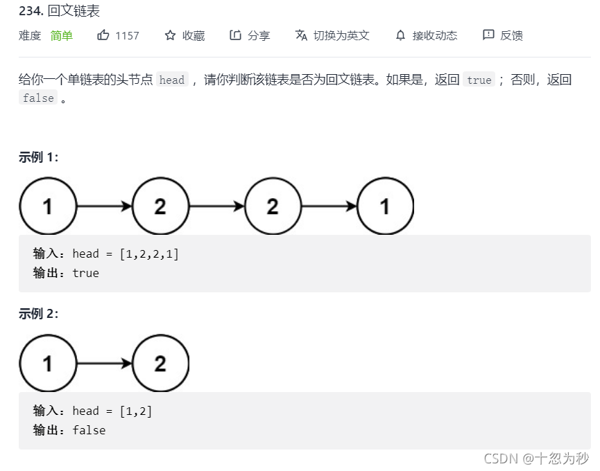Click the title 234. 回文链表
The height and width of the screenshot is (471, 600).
59,11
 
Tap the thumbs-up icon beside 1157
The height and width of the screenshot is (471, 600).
103,35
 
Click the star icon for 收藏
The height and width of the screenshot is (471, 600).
171,35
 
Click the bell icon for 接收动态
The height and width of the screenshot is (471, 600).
400,35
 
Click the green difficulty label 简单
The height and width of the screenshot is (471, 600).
62,35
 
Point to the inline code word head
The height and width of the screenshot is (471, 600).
172,80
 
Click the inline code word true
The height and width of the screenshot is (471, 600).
479,80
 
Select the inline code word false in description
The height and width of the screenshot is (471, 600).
38,98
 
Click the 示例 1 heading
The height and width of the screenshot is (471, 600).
39,157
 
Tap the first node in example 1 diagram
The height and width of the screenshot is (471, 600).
48,206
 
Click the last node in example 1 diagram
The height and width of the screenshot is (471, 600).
385,206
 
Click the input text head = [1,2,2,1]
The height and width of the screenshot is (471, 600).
125,254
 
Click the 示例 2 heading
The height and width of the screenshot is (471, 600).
39,314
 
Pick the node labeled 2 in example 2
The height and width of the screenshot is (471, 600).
160,363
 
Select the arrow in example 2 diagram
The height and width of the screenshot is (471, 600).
104,363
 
